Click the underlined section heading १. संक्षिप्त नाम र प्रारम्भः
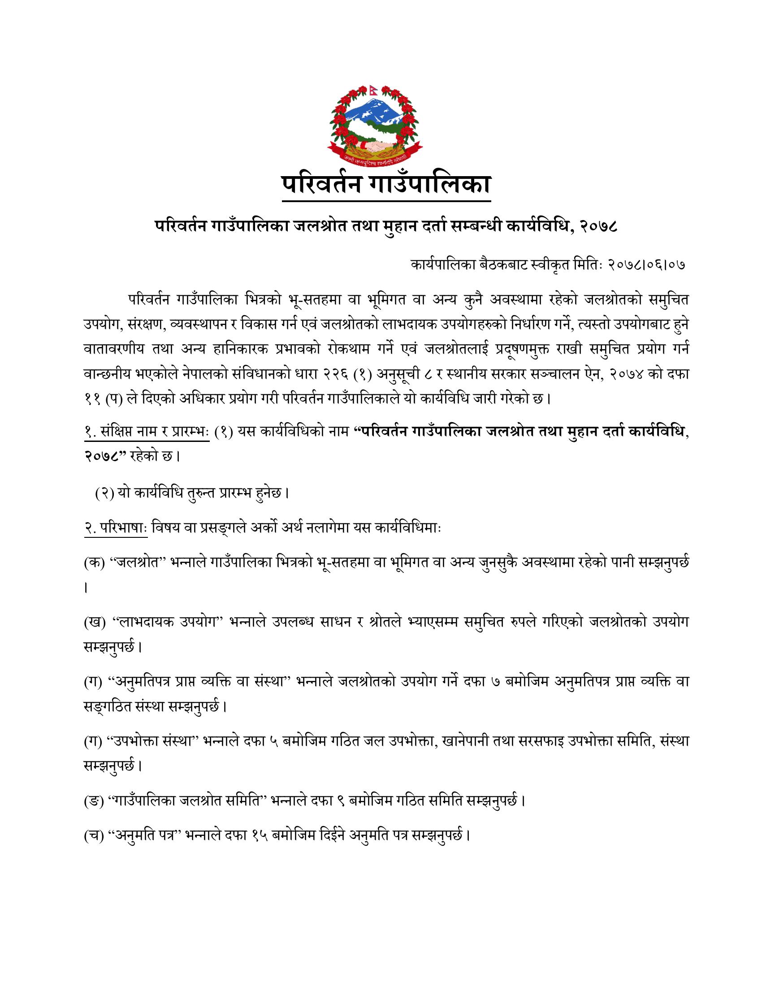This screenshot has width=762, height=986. tap(146, 432)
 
